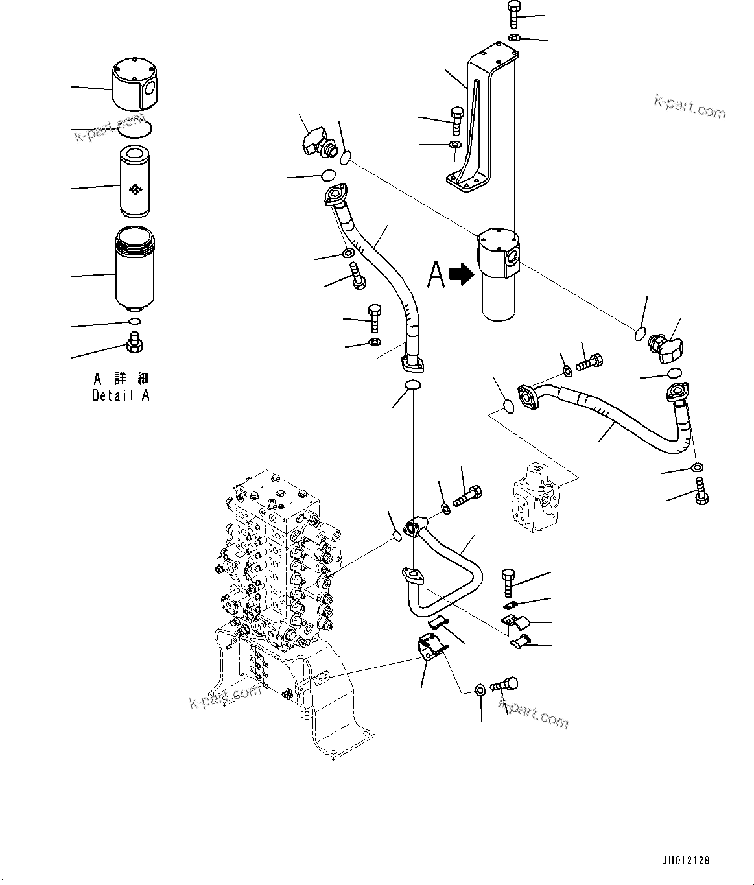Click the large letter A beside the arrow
[436, 274]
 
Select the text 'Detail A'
[121, 395]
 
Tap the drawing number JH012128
[685, 860]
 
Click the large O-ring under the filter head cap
[136, 130]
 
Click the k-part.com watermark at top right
[690, 107]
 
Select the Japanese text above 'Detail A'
[121, 379]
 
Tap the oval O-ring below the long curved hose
[412, 387]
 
